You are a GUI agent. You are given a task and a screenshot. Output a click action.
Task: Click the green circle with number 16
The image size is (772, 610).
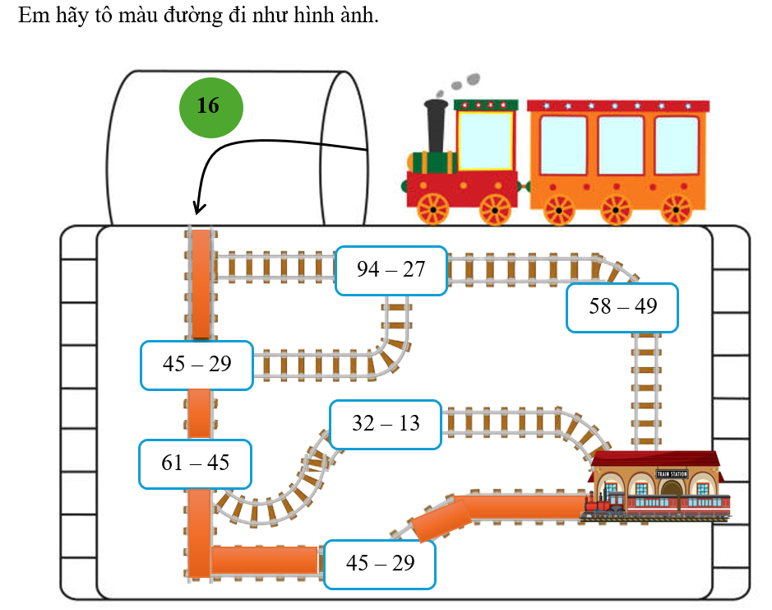(210, 106)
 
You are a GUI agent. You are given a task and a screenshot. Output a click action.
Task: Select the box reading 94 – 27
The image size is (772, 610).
(391, 269)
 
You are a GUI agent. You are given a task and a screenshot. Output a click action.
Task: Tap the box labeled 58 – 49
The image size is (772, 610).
(622, 306)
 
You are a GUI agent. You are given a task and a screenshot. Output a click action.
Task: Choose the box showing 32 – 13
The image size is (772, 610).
(386, 424)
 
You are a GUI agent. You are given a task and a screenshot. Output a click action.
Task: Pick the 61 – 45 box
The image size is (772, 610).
(195, 463)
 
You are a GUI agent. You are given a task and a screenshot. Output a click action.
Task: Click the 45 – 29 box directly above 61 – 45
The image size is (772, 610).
(196, 364)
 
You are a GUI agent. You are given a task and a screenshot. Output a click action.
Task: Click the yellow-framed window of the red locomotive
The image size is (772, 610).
(484, 139)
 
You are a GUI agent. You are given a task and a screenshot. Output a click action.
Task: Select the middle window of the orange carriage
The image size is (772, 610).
(620, 145)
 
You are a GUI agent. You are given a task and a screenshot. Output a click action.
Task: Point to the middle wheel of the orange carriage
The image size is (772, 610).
(616, 210)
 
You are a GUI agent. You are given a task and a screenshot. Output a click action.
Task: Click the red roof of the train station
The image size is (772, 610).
(655, 459)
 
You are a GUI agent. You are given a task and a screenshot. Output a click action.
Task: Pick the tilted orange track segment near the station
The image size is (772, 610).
(441, 521)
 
